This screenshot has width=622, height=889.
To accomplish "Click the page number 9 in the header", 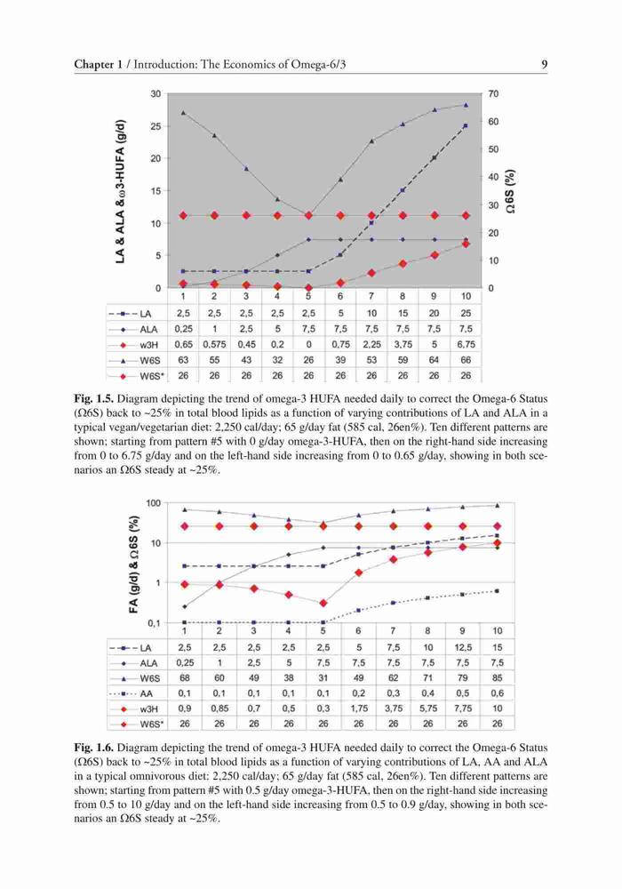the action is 545,65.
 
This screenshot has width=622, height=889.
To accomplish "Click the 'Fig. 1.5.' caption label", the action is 93,399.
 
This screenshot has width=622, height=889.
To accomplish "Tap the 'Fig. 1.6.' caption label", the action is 93,749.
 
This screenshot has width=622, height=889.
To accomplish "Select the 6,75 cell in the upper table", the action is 466,344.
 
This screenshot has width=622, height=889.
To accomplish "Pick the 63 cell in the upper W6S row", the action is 183,359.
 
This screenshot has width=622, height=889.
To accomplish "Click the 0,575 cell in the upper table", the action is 215,344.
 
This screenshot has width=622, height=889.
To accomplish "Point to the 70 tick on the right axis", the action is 493,94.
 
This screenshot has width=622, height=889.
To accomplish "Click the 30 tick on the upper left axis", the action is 155,93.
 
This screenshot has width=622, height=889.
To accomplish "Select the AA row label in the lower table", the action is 146,693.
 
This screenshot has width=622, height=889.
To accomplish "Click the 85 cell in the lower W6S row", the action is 498,678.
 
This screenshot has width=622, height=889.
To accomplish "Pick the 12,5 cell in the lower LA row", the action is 462,647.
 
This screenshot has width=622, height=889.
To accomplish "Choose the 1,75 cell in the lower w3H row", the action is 359,709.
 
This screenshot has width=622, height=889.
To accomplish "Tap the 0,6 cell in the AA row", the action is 498,693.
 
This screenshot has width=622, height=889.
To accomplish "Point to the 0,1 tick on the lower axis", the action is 154,623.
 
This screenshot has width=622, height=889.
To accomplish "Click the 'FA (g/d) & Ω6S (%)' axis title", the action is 134,565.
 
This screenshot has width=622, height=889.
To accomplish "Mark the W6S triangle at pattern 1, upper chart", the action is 183,112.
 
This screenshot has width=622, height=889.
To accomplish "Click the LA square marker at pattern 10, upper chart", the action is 466,126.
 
